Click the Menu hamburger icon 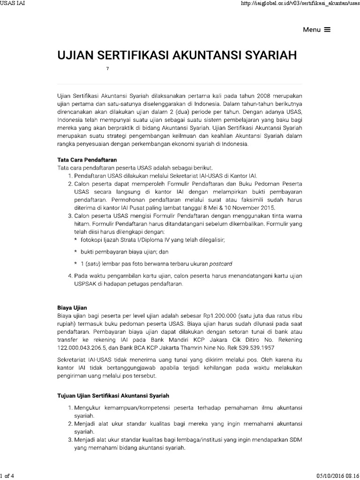pyautogui.click(x=327, y=29)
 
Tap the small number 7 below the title pyautogui.click(x=107, y=69)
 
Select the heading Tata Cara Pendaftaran pyautogui.click(x=87, y=159)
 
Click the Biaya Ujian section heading pyautogui.click(x=72, y=307)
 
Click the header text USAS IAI pyautogui.click(x=14, y=4)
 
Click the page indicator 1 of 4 pyautogui.click(x=8, y=476)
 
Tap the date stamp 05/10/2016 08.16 pyautogui.click(x=334, y=476)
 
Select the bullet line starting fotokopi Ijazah pyautogui.click(x=153, y=240)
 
